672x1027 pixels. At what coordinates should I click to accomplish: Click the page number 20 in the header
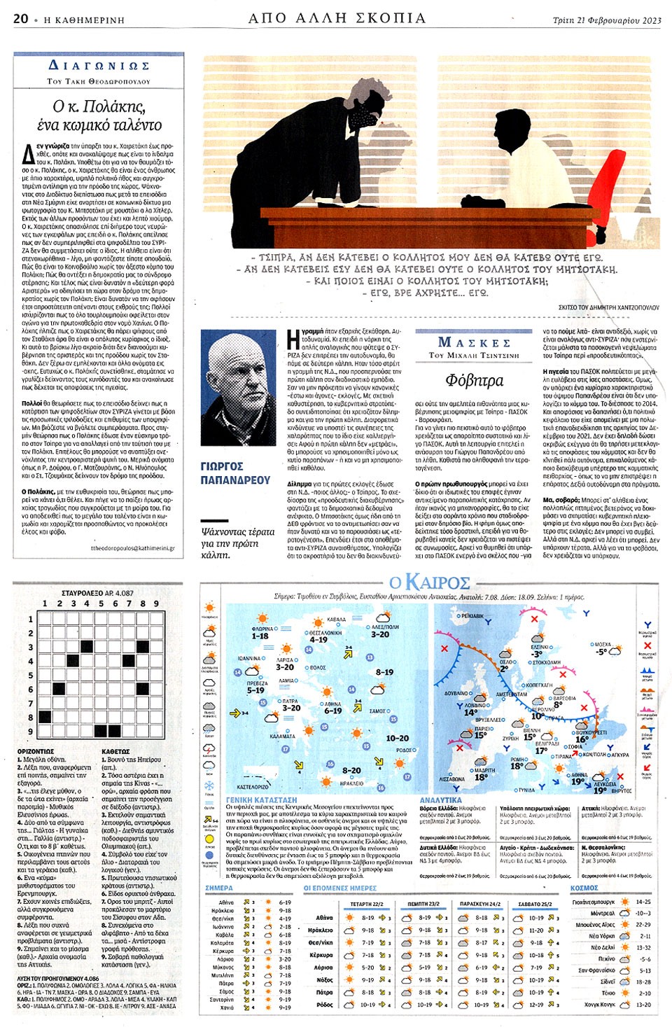click(x=21, y=19)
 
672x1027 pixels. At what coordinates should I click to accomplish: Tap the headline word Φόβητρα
click(x=474, y=380)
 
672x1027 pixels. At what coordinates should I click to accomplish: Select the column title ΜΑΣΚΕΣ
click(x=474, y=342)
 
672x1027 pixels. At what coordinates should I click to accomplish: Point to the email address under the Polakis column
click(x=133, y=548)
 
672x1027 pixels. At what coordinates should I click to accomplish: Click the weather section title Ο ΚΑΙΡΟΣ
click(x=430, y=582)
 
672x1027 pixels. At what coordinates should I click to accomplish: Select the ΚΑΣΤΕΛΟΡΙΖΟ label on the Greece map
click(x=253, y=787)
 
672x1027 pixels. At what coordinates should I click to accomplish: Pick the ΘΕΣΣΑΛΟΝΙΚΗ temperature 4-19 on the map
click(x=318, y=639)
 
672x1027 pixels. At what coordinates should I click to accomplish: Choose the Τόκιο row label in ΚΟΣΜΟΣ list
click(x=608, y=993)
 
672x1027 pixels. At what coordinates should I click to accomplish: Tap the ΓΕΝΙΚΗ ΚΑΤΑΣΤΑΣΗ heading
click(x=261, y=799)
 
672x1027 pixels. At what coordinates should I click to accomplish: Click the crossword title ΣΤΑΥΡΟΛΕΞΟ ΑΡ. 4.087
click(x=97, y=593)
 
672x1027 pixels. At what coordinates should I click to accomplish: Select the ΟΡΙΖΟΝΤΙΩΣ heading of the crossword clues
click(x=36, y=751)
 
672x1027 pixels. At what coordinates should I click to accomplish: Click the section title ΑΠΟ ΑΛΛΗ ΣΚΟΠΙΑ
click(x=337, y=18)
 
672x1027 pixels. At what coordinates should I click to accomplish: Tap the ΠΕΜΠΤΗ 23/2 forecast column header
click(x=423, y=904)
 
